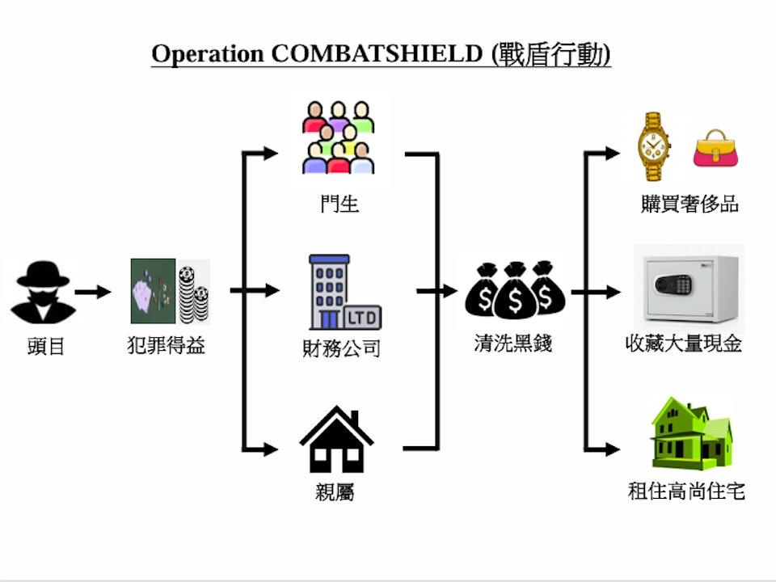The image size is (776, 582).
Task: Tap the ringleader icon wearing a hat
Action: [43, 292]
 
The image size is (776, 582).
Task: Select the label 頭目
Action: [45, 348]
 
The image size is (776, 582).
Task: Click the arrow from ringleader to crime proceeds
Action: [93, 292]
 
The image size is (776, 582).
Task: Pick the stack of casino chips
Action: [194, 293]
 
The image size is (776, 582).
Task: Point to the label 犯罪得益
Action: [167, 346]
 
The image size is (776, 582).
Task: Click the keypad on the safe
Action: [675, 285]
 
